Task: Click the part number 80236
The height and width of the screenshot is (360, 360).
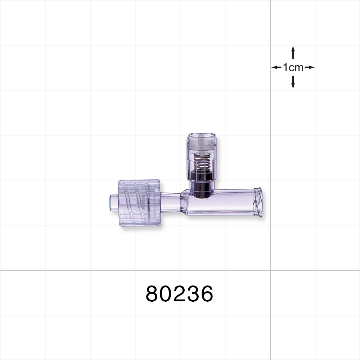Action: pos(179,294)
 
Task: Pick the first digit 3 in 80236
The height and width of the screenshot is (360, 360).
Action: pos(193,294)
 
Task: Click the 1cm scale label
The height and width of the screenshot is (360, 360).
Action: pos(293,67)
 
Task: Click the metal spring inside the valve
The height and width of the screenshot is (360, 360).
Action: pos(202,162)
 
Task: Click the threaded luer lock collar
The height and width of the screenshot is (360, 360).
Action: pos(139,203)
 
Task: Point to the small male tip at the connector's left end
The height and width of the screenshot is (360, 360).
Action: pos(114,203)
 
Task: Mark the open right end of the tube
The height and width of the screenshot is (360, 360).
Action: pos(258,202)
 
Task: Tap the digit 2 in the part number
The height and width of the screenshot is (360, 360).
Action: pos(179,294)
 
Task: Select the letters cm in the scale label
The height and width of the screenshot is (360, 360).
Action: pos(297,67)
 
